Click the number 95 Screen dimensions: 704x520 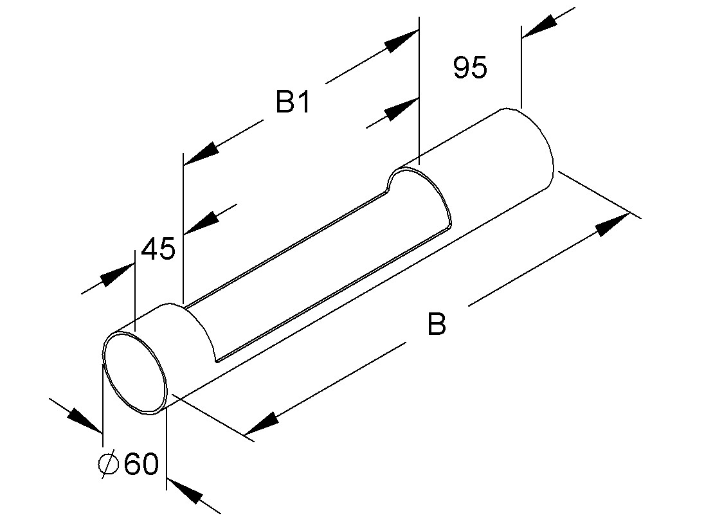pos(469,67)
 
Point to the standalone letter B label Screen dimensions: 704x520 pos(437,324)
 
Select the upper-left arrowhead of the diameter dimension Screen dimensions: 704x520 pos(84,420)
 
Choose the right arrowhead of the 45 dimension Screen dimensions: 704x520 pos(201,222)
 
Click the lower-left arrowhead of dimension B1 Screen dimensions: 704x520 pos(201,153)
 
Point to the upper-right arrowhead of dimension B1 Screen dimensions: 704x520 pos(401,41)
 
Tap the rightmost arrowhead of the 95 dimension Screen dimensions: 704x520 pos(539,26)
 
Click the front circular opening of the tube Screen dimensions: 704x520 pos(135,372)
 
